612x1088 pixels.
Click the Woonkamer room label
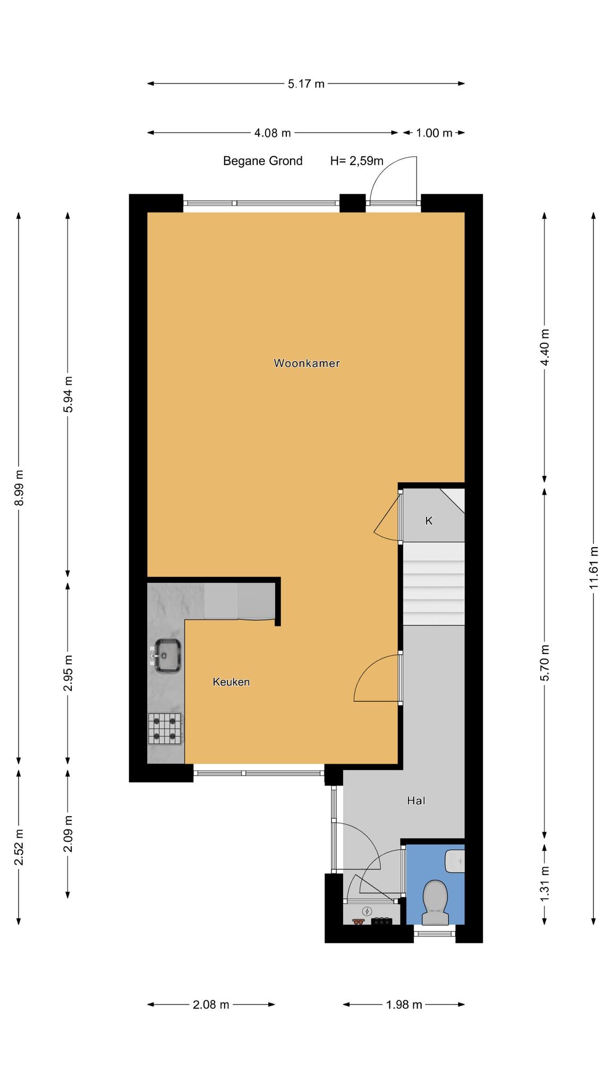pos(307,363)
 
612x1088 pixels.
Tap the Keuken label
pos(231,682)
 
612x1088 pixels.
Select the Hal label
pos(416,800)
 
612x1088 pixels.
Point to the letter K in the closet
pos(429,521)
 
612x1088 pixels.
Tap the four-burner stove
pos(165,728)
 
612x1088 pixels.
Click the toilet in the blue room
pos(435,902)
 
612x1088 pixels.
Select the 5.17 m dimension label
pos(306,83)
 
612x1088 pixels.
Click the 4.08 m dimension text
pos(273,133)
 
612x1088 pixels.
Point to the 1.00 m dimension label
pos(434,133)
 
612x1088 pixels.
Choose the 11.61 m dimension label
pos(594,567)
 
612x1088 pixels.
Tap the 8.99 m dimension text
pos(19,488)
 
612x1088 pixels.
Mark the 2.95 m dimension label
pos(67,673)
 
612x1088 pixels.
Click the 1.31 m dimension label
pos(544,883)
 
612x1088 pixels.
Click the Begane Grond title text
pos(263,161)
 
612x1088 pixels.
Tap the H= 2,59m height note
pos(357,161)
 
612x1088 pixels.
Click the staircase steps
pos(434,583)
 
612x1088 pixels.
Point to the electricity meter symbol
pos(367,911)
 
